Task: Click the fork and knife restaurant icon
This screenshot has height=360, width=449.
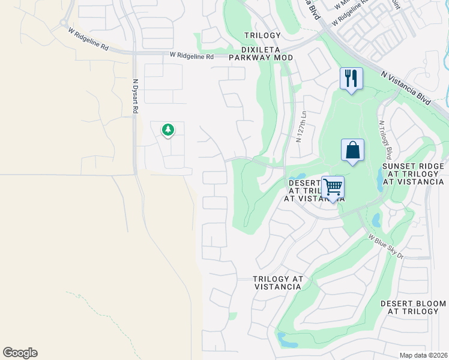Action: pos(351,78)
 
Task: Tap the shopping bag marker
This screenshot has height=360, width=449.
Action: pos(352,150)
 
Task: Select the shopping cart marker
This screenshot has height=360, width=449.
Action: pos(333,187)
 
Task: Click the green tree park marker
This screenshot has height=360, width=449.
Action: pos(168,129)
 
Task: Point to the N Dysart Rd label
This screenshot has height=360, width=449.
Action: pos(136,97)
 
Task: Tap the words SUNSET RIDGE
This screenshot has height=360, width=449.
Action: pos(413,166)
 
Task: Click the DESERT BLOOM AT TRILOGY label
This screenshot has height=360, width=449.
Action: pos(409,307)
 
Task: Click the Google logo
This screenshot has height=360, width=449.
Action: pos(20,353)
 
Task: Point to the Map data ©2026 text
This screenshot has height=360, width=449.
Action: pos(423,355)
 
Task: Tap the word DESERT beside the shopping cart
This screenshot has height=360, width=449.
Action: pos(304,183)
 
